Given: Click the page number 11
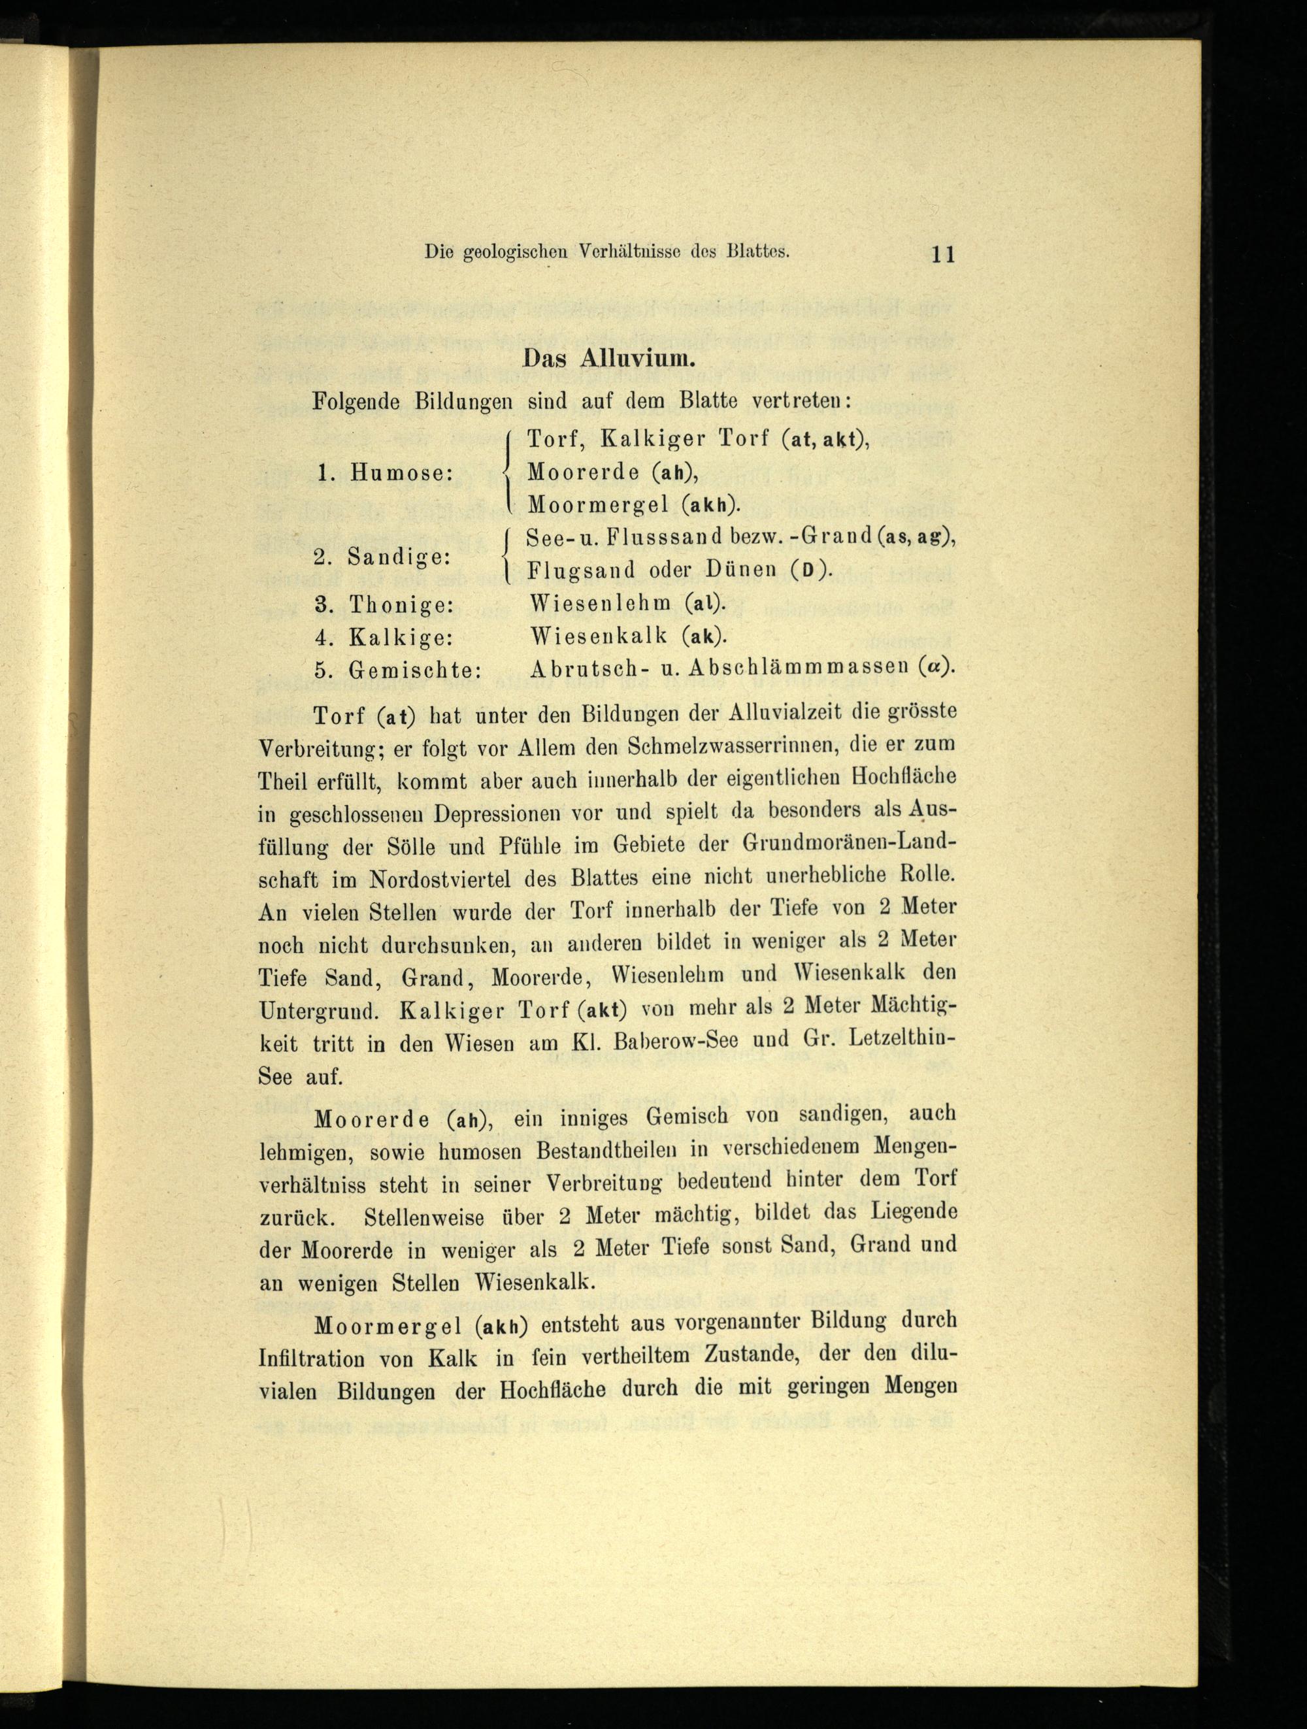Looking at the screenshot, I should pos(944,255).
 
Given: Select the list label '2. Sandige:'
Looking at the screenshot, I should pos(382,557).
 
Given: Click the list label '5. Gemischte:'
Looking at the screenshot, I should pos(398,670).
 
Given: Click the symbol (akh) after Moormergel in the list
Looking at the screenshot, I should pos(709,505).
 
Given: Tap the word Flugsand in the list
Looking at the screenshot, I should pos(581,570).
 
